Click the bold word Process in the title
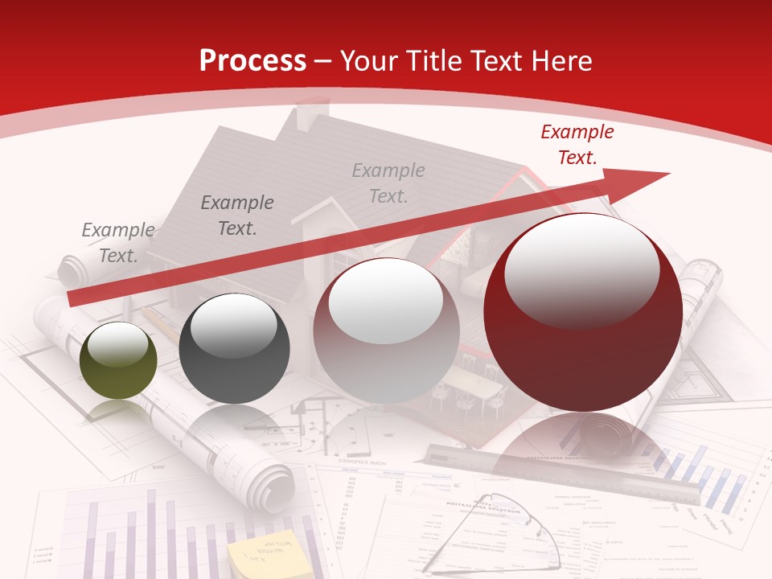(253, 60)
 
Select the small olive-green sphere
(118, 360)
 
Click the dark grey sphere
(234, 348)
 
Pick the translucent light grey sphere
(386, 330)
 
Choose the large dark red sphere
(583, 312)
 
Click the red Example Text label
(577, 145)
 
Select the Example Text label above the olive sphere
(118, 242)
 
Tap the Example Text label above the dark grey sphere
(237, 215)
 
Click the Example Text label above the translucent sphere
(388, 183)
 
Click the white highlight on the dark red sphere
(581, 269)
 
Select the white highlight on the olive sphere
(117, 347)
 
